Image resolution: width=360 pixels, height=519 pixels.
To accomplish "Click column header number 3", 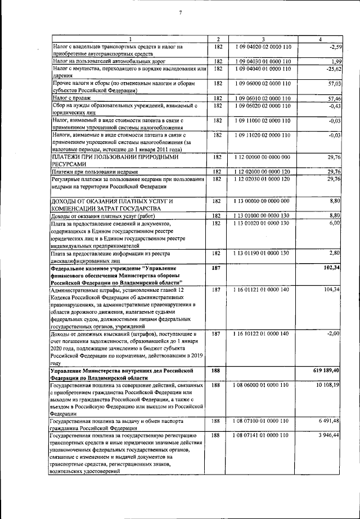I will click(x=263, y=38).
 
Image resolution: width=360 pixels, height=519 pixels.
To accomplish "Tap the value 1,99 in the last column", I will click(x=336, y=61).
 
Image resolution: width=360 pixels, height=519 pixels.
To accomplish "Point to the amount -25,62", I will click(x=335, y=69).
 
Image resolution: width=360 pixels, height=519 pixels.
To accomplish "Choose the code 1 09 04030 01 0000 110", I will click(x=263, y=61).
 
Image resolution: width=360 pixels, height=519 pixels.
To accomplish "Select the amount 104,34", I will click(x=334, y=289).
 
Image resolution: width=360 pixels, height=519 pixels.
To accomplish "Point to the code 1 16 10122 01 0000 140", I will click(x=263, y=333).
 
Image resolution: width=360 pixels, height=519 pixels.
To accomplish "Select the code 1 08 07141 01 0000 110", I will click(x=263, y=435).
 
